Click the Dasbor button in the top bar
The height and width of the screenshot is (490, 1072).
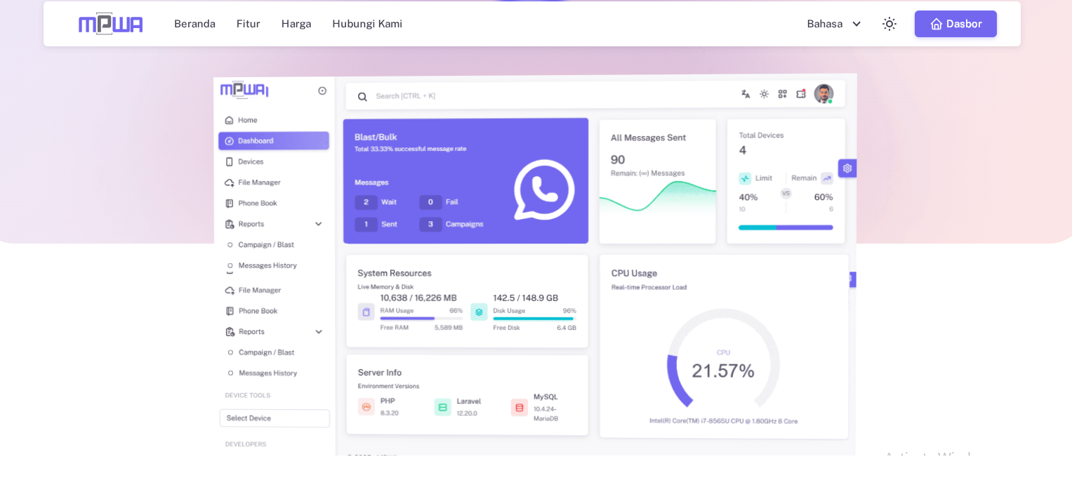(955, 24)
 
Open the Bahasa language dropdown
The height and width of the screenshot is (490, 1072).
(834, 24)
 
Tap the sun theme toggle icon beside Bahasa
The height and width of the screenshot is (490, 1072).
(889, 24)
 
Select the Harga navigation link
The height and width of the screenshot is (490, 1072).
(296, 24)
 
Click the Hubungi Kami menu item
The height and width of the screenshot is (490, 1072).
(367, 24)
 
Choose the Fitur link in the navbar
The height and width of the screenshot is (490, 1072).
(248, 24)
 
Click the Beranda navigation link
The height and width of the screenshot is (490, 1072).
(194, 24)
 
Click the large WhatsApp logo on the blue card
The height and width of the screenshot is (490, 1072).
(544, 190)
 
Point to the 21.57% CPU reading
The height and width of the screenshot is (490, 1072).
(722, 371)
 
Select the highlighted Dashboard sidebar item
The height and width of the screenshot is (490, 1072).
(274, 141)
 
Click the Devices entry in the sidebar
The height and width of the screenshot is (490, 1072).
(251, 161)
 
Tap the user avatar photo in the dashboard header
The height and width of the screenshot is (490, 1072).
(823, 94)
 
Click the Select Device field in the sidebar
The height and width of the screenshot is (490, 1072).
(274, 418)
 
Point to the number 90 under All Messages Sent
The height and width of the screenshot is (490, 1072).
(618, 159)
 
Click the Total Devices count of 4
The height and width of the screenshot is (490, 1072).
(743, 150)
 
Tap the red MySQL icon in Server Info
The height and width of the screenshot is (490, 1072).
(520, 407)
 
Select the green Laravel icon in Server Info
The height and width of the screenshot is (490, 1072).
(442, 407)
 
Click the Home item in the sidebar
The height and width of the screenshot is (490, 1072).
(247, 120)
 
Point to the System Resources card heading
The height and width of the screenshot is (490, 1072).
(395, 273)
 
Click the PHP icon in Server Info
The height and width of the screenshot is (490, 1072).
(366, 407)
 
